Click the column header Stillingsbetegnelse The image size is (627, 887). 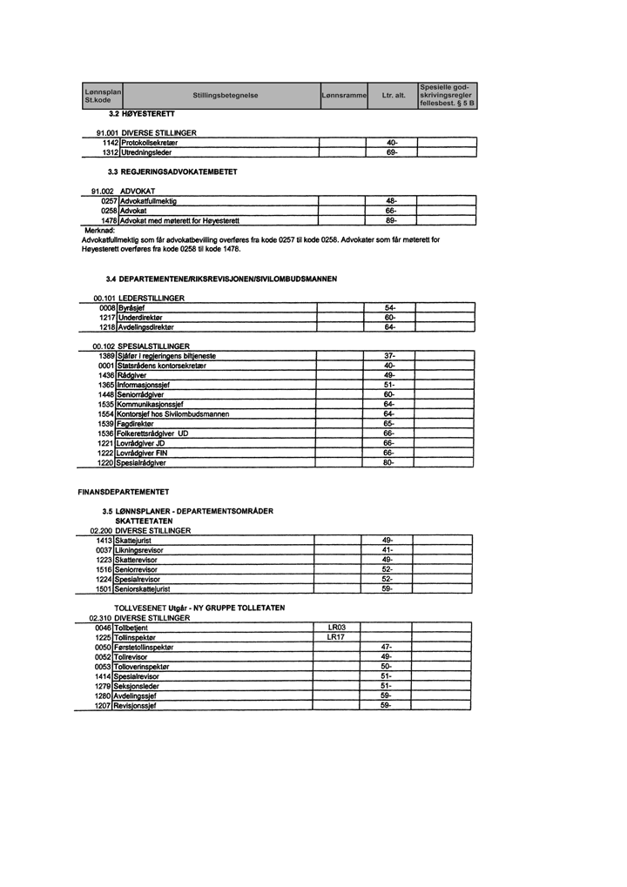click(226, 95)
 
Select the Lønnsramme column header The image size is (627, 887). click(342, 95)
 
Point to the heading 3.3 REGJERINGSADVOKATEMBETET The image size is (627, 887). click(171, 172)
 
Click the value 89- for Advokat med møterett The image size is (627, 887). click(391, 220)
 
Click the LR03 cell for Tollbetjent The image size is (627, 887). click(337, 627)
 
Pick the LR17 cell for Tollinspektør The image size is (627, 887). click(337, 636)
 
